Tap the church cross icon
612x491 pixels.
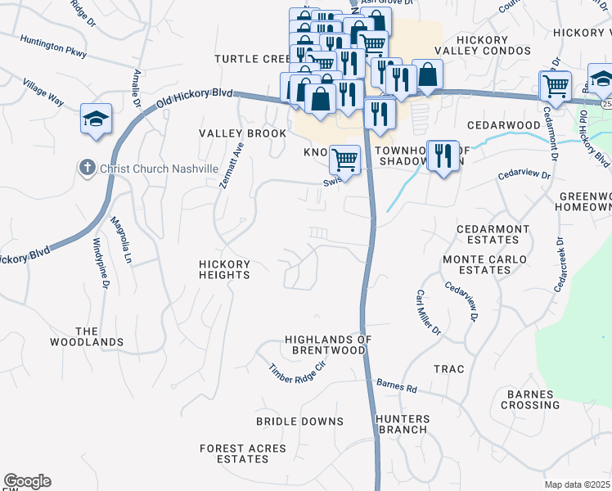pos(88,168)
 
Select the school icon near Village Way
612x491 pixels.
pos(96,119)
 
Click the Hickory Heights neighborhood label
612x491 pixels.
pos(224,270)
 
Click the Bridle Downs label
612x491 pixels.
pos(299,421)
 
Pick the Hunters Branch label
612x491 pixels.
pos(402,424)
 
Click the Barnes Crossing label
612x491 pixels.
pos(532,399)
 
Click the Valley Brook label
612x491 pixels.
pos(243,133)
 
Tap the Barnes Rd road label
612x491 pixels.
pos(397,385)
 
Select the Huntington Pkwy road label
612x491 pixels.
pos(53,47)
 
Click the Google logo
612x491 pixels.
pos(27,481)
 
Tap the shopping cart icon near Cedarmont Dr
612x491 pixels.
pos(555,85)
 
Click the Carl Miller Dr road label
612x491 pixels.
pos(427,313)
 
